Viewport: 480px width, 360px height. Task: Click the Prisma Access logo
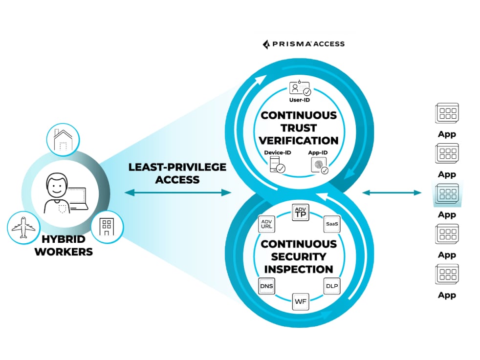[x=304, y=44]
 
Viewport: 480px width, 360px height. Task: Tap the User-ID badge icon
[x=300, y=88]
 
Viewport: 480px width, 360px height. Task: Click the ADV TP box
[x=300, y=213]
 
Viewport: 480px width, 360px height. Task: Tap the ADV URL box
[x=266, y=224]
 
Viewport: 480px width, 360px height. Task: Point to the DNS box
[x=266, y=285]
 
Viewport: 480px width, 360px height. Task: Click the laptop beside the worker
[x=78, y=198]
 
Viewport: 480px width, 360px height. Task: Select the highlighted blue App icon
[x=447, y=194]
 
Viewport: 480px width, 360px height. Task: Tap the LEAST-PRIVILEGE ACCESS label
[x=177, y=173]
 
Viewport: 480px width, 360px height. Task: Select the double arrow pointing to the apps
[x=392, y=193]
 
